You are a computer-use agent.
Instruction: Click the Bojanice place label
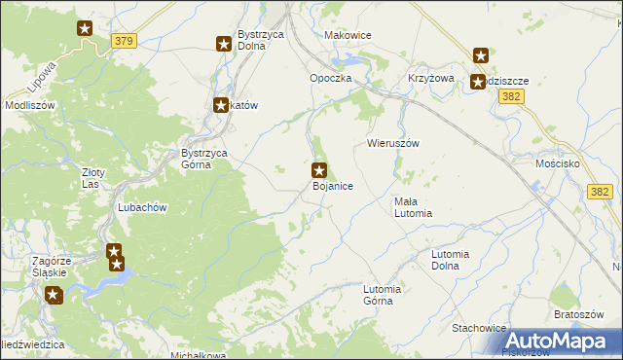point(332,185)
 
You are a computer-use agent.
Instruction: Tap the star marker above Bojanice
point(318,170)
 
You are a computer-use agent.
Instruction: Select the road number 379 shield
point(124,41)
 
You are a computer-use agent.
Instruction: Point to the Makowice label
point(348,35)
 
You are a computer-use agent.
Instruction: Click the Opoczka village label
point(330,78)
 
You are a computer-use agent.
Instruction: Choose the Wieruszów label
point(392,142)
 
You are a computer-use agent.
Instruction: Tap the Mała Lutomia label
point(412,206)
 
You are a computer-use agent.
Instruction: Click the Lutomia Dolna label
point(457,259)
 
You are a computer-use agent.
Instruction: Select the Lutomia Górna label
point(383,294)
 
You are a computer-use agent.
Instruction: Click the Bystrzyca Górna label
point(203,158)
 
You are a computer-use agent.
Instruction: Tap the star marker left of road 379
point(85,29)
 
